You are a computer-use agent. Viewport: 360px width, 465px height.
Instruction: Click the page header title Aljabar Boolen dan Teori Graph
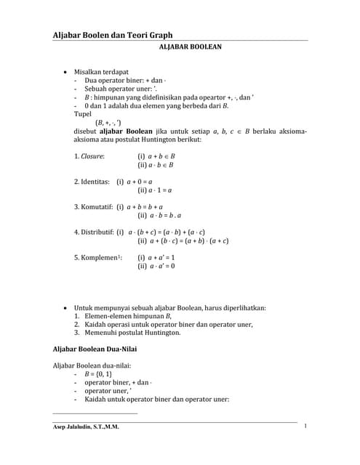click(x=113, y=35)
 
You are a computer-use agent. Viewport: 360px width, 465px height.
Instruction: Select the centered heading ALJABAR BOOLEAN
click(x=190, y=46)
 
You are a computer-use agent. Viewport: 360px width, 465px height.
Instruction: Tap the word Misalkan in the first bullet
click(x=91, y=73)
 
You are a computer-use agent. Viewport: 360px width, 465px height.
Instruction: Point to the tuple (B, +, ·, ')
click(x=108, y=123)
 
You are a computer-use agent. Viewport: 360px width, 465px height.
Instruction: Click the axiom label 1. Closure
click(x=89, y=155)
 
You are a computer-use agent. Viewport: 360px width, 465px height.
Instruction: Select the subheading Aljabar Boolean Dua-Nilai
click(x=100, y=349)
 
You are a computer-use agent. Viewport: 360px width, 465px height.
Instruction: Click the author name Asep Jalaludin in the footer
click(x=86, y=426)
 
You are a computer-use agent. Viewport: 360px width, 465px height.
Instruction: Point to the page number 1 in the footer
click(x=306, y=426)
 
